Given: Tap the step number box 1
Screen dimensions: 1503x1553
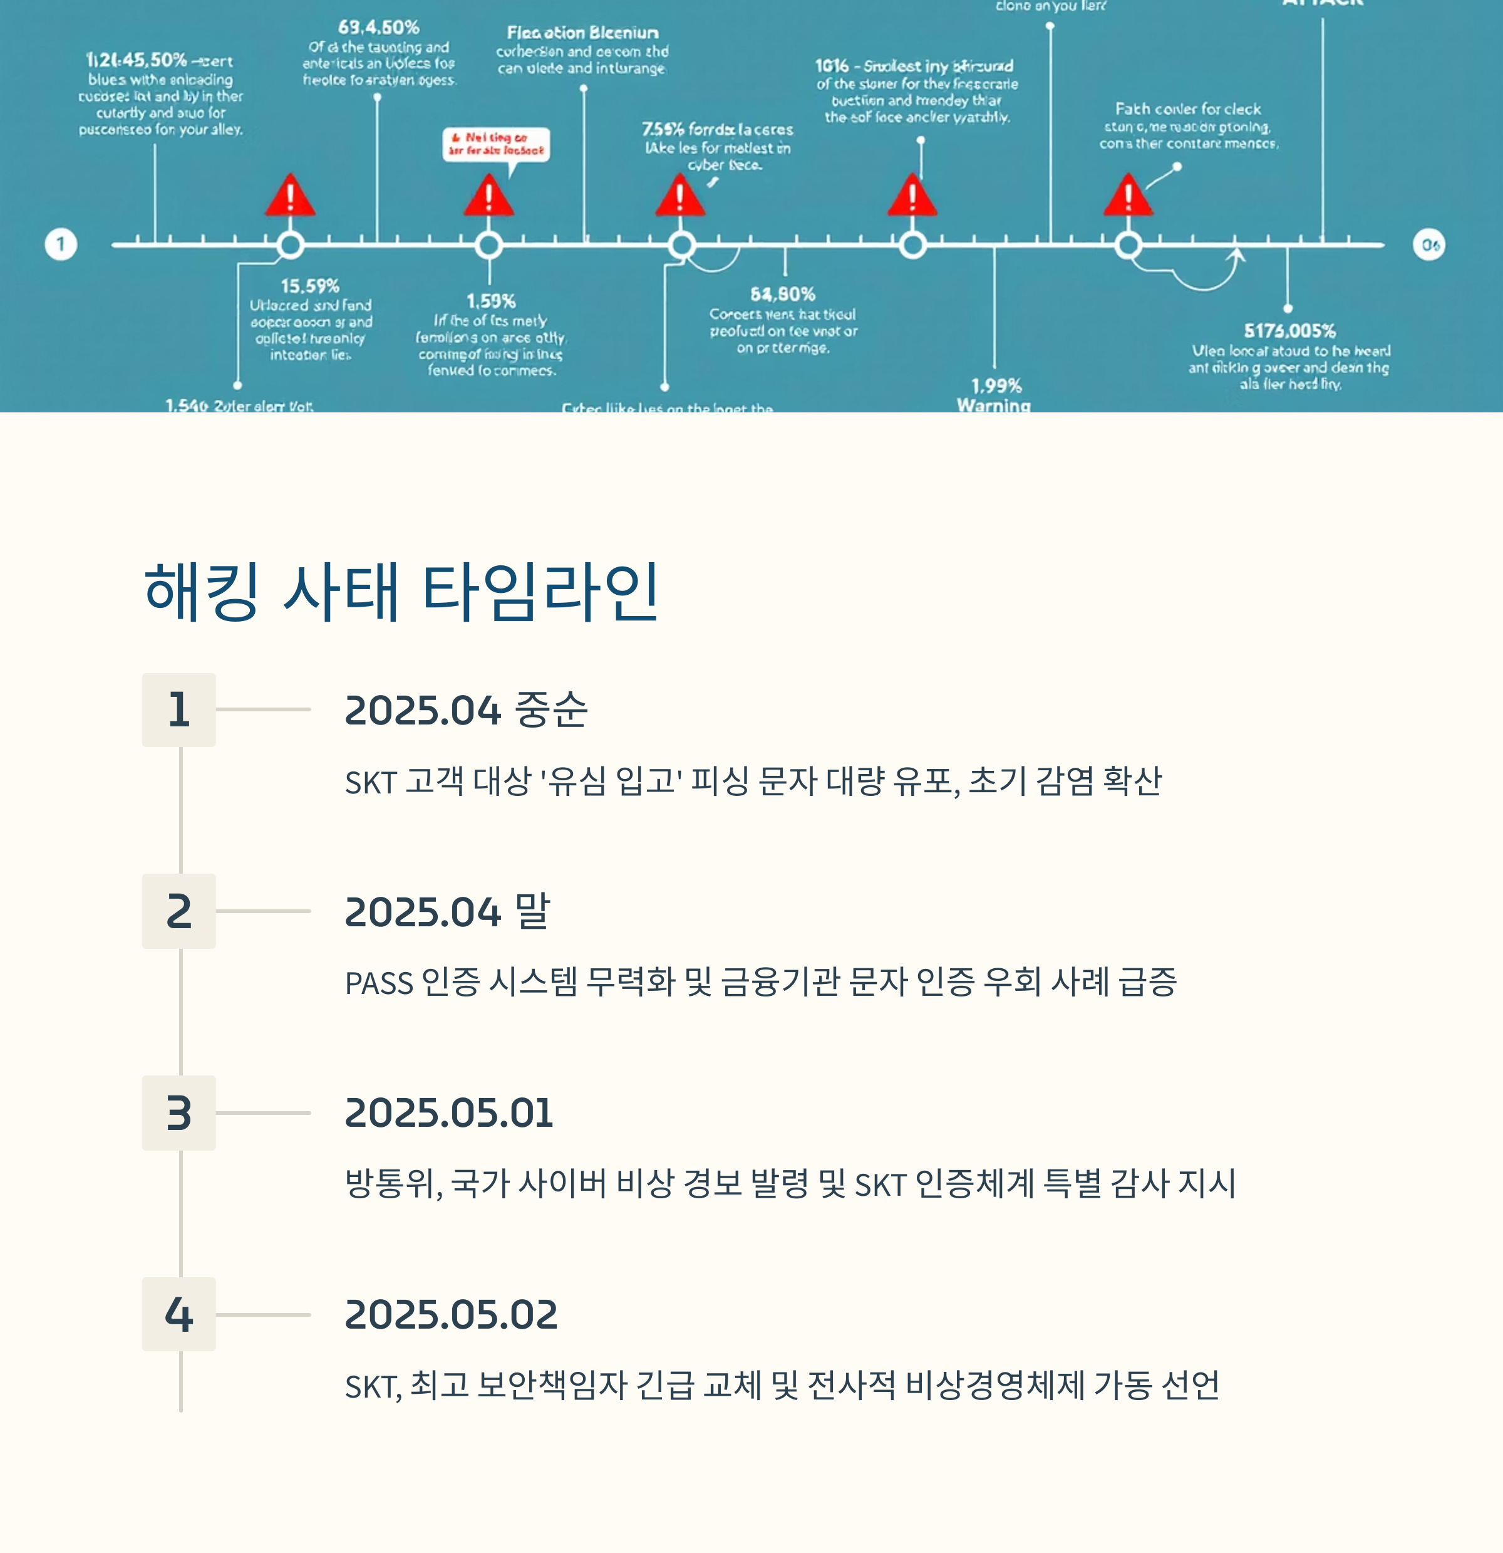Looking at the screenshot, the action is coord(179,709).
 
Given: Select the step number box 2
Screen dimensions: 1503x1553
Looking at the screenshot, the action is coord(179,911).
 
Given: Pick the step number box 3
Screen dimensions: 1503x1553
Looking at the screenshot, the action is coord(179,1112).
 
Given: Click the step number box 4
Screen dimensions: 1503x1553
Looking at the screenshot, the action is coord(179,1314).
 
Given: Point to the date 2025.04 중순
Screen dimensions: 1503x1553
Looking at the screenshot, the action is coord(466,709).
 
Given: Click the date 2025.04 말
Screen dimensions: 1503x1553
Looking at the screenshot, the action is coord(447,911).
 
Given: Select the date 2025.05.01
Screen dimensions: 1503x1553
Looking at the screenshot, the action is coord(448,1112).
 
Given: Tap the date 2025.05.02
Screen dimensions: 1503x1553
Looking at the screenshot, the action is coord(450,1314).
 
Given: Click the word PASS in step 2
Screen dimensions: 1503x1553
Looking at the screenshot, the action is coord(378,983).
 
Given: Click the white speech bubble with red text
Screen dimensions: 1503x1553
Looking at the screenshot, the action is coord(496,144).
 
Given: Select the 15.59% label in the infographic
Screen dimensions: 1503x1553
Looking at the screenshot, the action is coord(309,286).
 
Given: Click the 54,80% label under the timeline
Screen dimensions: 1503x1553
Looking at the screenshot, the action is coord(782,295).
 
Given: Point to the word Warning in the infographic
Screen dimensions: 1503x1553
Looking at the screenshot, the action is coord(993,405).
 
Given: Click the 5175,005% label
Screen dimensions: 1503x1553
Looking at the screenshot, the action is coord(1289,330).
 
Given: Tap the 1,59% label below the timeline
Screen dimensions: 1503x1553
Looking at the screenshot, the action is coord(490,301).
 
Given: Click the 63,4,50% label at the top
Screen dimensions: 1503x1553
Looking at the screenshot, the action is coord(378,28).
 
